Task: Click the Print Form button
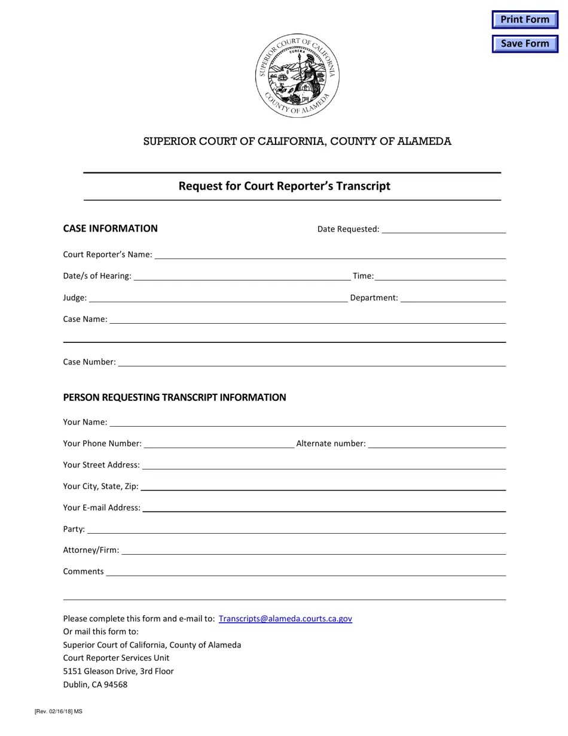pos(524,20)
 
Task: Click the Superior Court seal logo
pos(297,75)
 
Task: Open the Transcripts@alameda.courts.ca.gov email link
pos(285,619)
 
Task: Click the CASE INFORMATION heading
pos(111,228)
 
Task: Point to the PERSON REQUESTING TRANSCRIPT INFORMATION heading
pos(175,397)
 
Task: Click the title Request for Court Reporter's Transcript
pos(284,186)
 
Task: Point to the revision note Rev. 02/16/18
pos(58,711)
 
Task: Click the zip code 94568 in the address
pos(115,685)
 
